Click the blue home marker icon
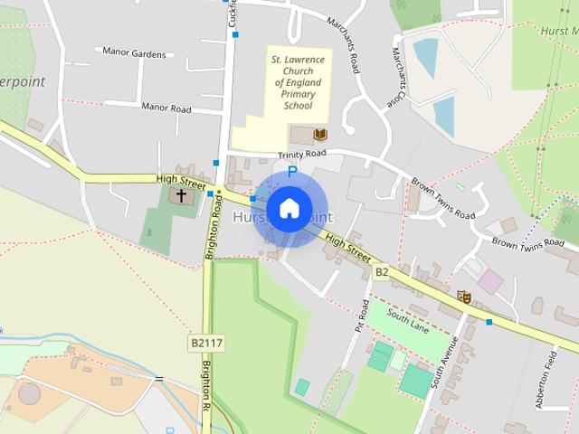pyautogui.click(x=289, y=209)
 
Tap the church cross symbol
pyautogui.click(x=181, y=195)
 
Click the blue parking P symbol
pyautogui.click(x=290, y=171)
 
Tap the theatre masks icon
pyautogui.click(x=464, y=296)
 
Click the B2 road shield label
pyautogui.click(x=382, y=271)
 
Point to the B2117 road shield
pyautogui.click(x=206, y=344)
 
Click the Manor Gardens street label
pyautogui.click(x=135, y=52)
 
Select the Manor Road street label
pyautogui.click(x=166, y=108)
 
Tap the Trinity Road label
pyautogui.click(x=301, y=155)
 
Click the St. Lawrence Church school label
pyautogui.click(x=298, y=82)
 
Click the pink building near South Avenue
pyautogui.click(x=490, y=281)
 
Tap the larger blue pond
pyautogui.click(x=425, y=55)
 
